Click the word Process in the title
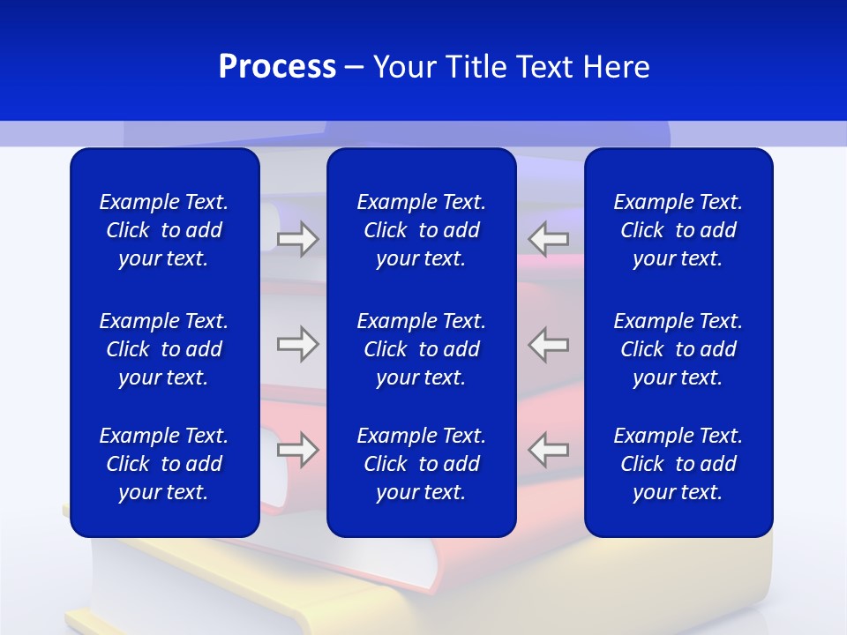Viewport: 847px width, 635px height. (277, 67)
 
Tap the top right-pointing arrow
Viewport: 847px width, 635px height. (298, 239)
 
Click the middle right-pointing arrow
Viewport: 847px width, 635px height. (298, 344)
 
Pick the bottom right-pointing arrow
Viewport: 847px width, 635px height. (298, 450)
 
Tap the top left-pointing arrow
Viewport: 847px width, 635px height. (548, 239)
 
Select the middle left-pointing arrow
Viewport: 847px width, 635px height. (548, 344)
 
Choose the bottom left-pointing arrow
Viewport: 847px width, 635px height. (548, 450)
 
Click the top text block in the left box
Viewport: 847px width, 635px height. (164, 230)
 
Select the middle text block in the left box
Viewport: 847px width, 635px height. (164, 349)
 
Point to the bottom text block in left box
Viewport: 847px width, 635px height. (164, 464)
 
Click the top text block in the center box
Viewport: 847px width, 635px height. (422, 230)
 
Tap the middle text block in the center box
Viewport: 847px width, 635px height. (422, 349)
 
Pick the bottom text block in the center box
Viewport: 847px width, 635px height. (422, 464)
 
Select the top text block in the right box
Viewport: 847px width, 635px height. (678, 230)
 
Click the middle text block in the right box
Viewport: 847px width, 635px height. (678, 349)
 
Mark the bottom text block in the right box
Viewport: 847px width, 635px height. (678, 464)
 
